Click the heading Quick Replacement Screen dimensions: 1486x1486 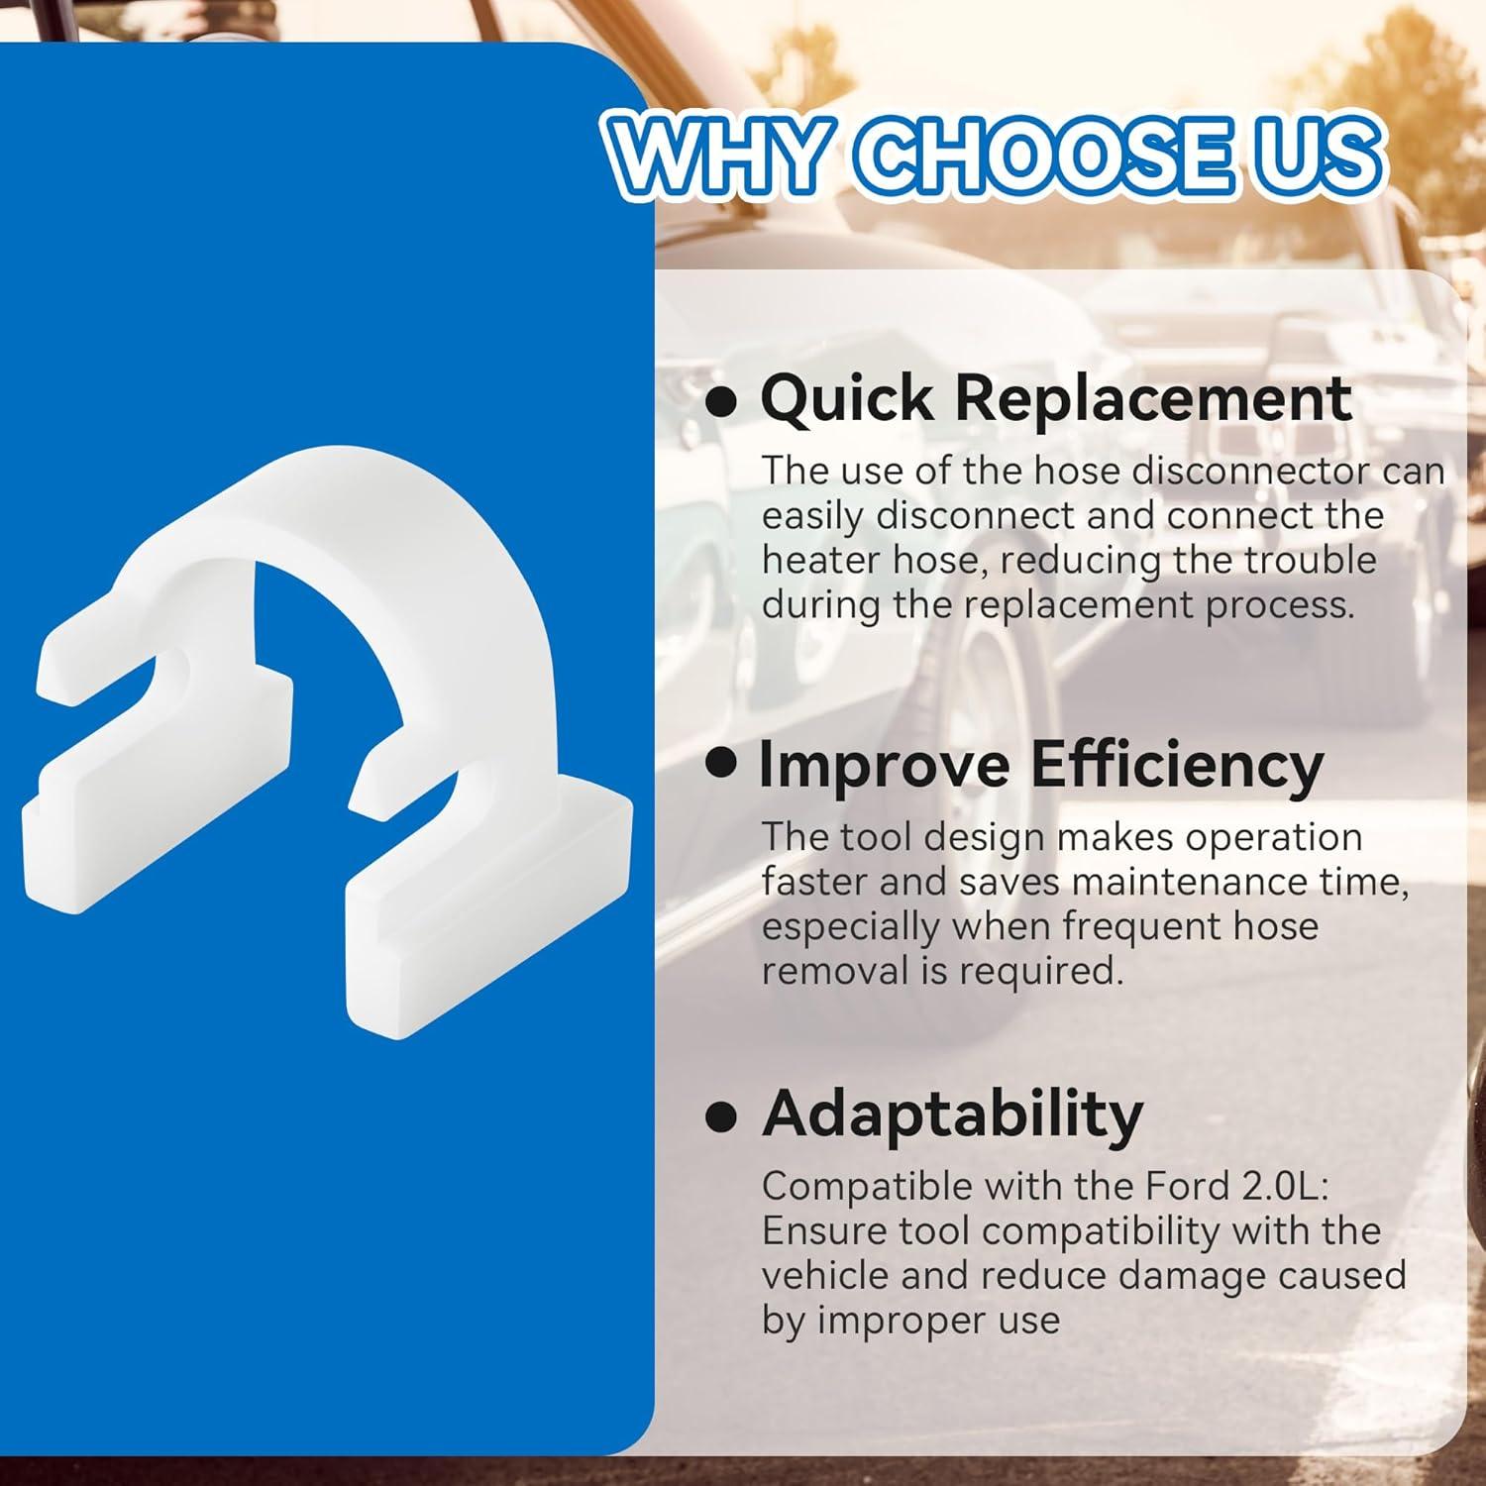tap(1056, 399)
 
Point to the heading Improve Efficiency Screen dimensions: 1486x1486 tap(1040, 766)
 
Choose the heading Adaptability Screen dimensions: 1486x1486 tap(952, 1114)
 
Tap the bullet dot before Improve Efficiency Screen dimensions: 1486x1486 tap(722, 764)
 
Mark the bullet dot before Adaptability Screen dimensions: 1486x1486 tap(722, 1116)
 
